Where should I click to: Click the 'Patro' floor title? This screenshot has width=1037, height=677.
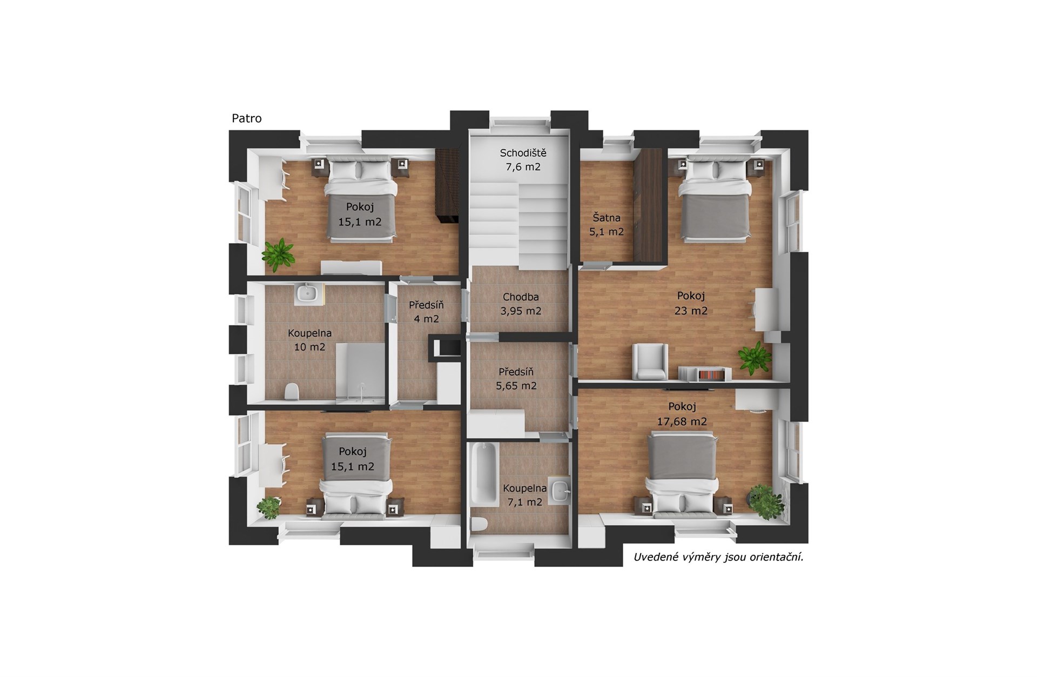pos(247,118)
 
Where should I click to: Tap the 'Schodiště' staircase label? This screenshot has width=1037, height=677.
pos(523,153)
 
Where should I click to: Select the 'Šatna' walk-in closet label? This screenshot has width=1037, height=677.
pos(607,218)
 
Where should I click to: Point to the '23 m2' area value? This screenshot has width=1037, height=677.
pos(691,311)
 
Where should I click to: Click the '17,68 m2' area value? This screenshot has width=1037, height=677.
pos(682,421)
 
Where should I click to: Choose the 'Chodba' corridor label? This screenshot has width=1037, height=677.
pos(521,297)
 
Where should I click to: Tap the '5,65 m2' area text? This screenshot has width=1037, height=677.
pos(516,386)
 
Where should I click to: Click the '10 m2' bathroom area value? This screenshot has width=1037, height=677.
pos(309,347)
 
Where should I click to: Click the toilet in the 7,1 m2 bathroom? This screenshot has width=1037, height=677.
pos(479,524)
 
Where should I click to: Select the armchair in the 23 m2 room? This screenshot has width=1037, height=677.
pos(650,361)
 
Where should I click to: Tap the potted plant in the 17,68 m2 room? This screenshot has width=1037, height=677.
pos(765,502)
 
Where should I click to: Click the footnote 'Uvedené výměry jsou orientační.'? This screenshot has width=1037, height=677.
pos(718,557)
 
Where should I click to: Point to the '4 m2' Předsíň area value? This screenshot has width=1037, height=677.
pos(426,319)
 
